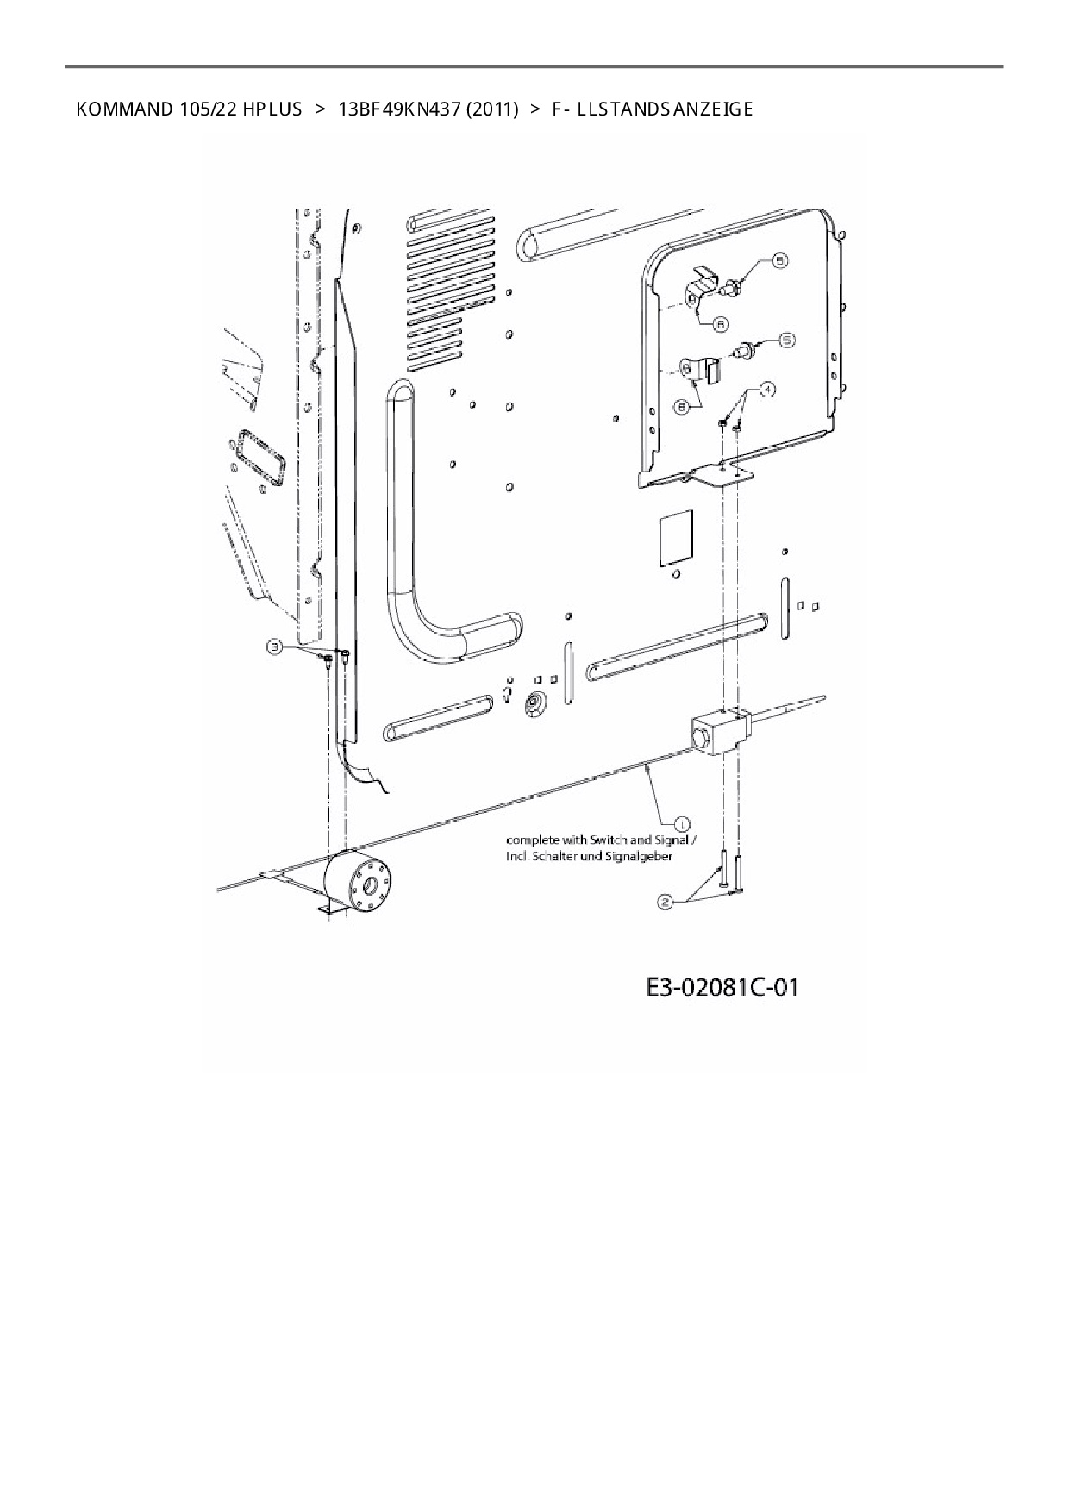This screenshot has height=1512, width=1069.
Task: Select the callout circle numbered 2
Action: (x=666, y=903)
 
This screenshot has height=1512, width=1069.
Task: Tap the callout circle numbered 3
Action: (x=274, y=647)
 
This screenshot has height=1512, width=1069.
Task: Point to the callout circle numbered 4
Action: (x=766, y=389)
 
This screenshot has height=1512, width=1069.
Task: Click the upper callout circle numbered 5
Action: (x=778, y=259)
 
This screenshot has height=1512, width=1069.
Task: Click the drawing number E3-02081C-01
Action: (x=722, y=987)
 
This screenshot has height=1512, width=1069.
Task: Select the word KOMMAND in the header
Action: (x=124, y=109)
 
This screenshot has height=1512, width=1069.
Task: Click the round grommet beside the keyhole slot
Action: (x=534, y=704)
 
